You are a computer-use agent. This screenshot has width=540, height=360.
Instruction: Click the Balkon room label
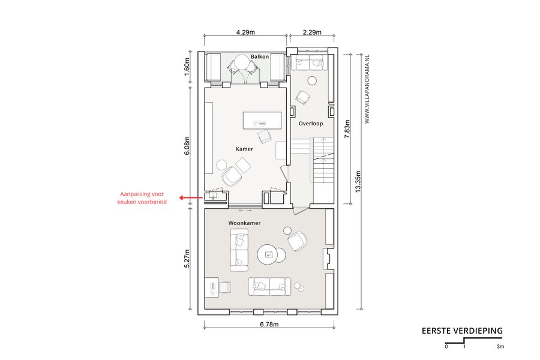[260, 56]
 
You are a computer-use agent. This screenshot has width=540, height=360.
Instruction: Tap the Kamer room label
[245, 149]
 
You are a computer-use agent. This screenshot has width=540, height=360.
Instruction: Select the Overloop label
[311, 124]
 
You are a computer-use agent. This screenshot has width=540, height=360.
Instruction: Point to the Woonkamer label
[245, 223]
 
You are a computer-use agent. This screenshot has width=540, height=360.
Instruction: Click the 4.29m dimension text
[245, 32]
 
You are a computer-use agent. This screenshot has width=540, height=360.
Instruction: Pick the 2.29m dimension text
[312, 32]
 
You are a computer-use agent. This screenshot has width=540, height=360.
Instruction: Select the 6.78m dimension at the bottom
[269, 324]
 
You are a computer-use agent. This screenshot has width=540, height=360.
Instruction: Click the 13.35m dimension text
[358, 182]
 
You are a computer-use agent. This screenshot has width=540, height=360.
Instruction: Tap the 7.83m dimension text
[347, 129]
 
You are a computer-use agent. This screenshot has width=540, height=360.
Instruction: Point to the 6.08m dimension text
[187, 146]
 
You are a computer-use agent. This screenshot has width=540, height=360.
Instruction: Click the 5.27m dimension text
[187, 259]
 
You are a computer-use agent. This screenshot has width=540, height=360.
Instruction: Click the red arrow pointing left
[191, 198]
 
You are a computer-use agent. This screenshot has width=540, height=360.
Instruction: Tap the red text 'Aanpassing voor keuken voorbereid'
[142, 198]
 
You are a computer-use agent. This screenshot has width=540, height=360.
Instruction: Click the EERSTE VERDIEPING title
[462, 331]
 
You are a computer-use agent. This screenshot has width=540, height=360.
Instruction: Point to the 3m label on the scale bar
[500, 347]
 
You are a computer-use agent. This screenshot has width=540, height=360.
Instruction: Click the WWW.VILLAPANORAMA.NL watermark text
[367, 89]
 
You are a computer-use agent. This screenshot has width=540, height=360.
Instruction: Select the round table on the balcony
[244, 64]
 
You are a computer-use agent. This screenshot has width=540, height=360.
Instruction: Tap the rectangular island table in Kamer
[262, 120]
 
